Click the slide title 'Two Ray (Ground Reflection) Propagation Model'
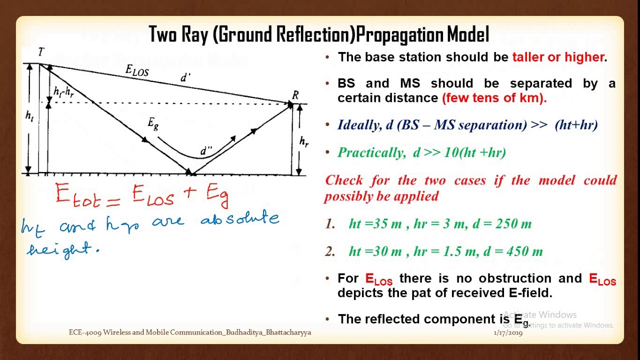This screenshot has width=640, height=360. [318, 34]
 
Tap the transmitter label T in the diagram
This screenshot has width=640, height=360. [41, 52]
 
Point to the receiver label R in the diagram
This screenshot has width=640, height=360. [295, 95]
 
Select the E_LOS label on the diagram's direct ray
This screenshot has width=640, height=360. [137, 70]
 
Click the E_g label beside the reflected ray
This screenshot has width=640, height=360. [153, 123]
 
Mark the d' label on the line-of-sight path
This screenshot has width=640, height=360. [185, 77]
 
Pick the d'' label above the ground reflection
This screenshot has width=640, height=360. [206, 150]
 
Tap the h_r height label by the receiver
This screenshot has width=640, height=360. [303, 142]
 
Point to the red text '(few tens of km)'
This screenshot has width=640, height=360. [494, 98]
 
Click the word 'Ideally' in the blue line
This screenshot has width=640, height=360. [358, 125]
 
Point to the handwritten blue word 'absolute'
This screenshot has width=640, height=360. [239, 220]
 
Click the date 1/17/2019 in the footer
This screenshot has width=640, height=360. [507, 332]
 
